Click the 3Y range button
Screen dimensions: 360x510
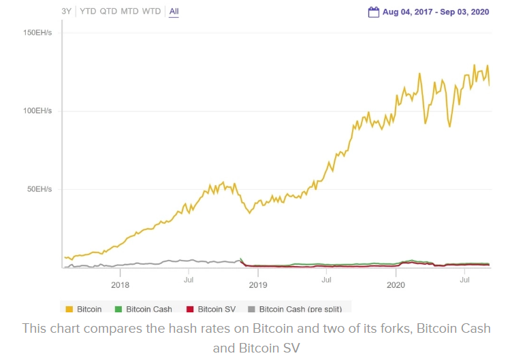pyautogui.click(x=66, y=12)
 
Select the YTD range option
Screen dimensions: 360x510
pyautogui.click(x=88, y=12)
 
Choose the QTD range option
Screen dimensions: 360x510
pyautogui.click(x=108, y=12)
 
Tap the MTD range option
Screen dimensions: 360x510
pyautogui.click(x=129, y=12)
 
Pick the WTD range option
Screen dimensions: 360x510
pyautogui.click(x=151, y=12)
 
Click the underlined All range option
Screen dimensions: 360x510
pyautogui.click(x=174, y=12)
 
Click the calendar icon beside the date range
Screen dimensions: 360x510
pyautogui.click(x=373, y=12)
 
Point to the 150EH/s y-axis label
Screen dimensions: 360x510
pyautogui.click(x=37, y=33)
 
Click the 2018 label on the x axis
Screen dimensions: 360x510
pyautogui.click(x=120, y=284)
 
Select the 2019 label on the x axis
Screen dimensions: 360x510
pyautogui.click(x=258, y=284)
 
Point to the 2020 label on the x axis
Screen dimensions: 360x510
pyautogui.click(x=396, y=284)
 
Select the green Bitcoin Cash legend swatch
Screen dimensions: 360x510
pyautogui.click(x=120, y=310)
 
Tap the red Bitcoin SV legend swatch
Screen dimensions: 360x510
pyautogui.click(x=191, y=310)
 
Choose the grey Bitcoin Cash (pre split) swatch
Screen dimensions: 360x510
pyautogui.click(x=253, y=310)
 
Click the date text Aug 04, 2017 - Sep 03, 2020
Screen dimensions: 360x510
pyautogui.click(x=436, y=12)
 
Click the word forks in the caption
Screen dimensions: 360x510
pyautogui.click(x=378, y=329)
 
